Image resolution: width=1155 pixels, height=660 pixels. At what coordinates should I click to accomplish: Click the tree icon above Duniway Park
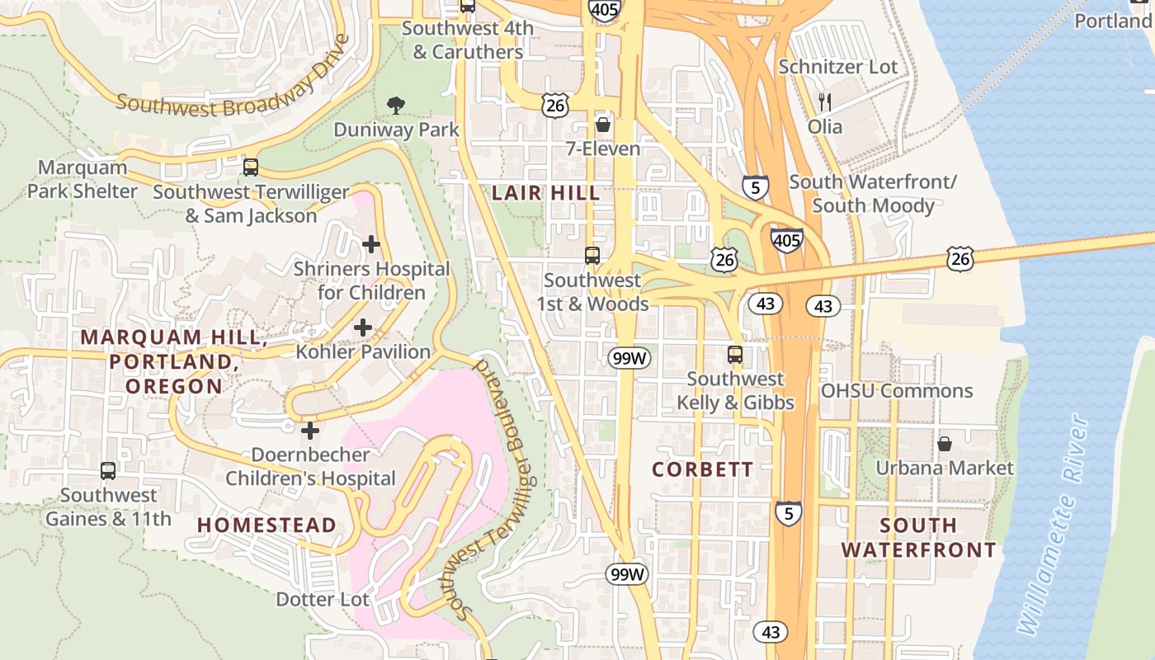[396, 105]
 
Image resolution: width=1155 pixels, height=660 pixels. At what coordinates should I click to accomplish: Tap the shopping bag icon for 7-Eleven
[603, 125]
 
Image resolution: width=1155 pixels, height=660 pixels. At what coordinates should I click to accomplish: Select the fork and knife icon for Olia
[825, 102]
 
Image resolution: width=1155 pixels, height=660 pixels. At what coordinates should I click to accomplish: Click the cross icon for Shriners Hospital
[371, 244]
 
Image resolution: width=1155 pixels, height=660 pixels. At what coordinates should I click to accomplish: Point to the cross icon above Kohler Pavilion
[363, 328]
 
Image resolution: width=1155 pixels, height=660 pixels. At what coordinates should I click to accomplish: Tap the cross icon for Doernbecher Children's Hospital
[310, 431]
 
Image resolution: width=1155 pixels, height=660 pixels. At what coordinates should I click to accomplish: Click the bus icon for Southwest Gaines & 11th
[108, 471]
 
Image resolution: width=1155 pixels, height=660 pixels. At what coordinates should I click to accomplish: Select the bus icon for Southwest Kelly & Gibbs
[735, 355]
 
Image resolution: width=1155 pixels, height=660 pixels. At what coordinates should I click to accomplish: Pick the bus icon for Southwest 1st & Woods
[592, 256]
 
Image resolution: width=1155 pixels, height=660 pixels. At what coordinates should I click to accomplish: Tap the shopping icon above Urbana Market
[945, 444]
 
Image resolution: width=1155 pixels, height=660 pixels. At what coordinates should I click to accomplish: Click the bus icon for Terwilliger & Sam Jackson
[251, 167]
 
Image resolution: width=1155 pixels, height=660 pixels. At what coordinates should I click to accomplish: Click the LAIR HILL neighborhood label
[545, 193]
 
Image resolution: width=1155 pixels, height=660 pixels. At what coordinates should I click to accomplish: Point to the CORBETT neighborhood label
[702, 469]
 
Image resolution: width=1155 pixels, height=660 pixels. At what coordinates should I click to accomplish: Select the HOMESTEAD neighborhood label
[266, 526]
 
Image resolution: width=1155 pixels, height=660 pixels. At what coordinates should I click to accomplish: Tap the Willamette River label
[1054, 526]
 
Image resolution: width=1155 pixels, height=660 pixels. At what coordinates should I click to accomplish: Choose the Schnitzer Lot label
[837, 67]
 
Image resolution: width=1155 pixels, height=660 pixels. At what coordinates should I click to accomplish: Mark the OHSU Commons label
[896, 391]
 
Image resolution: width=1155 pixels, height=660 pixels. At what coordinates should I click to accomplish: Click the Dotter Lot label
[322, 599]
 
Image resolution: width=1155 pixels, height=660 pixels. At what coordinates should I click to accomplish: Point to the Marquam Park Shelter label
[82, 179]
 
